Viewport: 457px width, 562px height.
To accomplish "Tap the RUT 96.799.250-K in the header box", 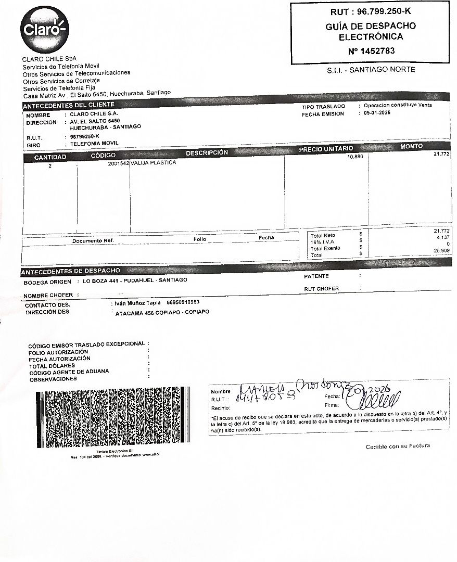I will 371,11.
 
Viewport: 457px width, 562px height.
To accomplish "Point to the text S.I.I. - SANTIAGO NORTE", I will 371,70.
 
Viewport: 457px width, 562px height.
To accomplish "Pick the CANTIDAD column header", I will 50,157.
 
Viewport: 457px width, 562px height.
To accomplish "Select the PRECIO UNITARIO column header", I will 326,149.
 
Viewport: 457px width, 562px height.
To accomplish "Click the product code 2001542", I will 118,162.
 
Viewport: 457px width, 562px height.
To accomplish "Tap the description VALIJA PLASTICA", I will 154,162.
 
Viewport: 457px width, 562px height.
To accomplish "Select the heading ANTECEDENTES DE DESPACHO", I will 71,271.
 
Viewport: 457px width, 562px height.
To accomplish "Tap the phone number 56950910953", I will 183,302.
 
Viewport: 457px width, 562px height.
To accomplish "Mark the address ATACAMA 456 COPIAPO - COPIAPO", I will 162,313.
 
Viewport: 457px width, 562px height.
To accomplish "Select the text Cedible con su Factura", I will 398,446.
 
